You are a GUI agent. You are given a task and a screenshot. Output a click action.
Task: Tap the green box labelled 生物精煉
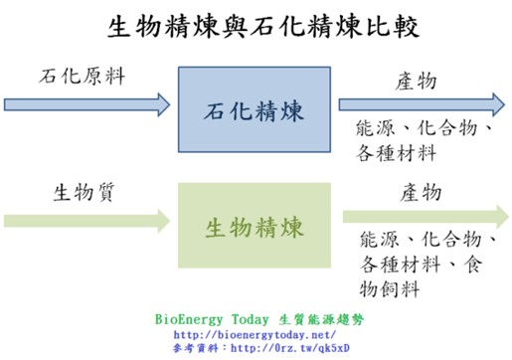[254, 226]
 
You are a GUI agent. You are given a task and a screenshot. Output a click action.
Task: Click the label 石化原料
[83, 76]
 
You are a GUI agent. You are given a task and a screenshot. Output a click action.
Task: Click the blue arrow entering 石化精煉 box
[87, 102]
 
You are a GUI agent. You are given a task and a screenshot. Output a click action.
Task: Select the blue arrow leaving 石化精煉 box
[421, 102]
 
